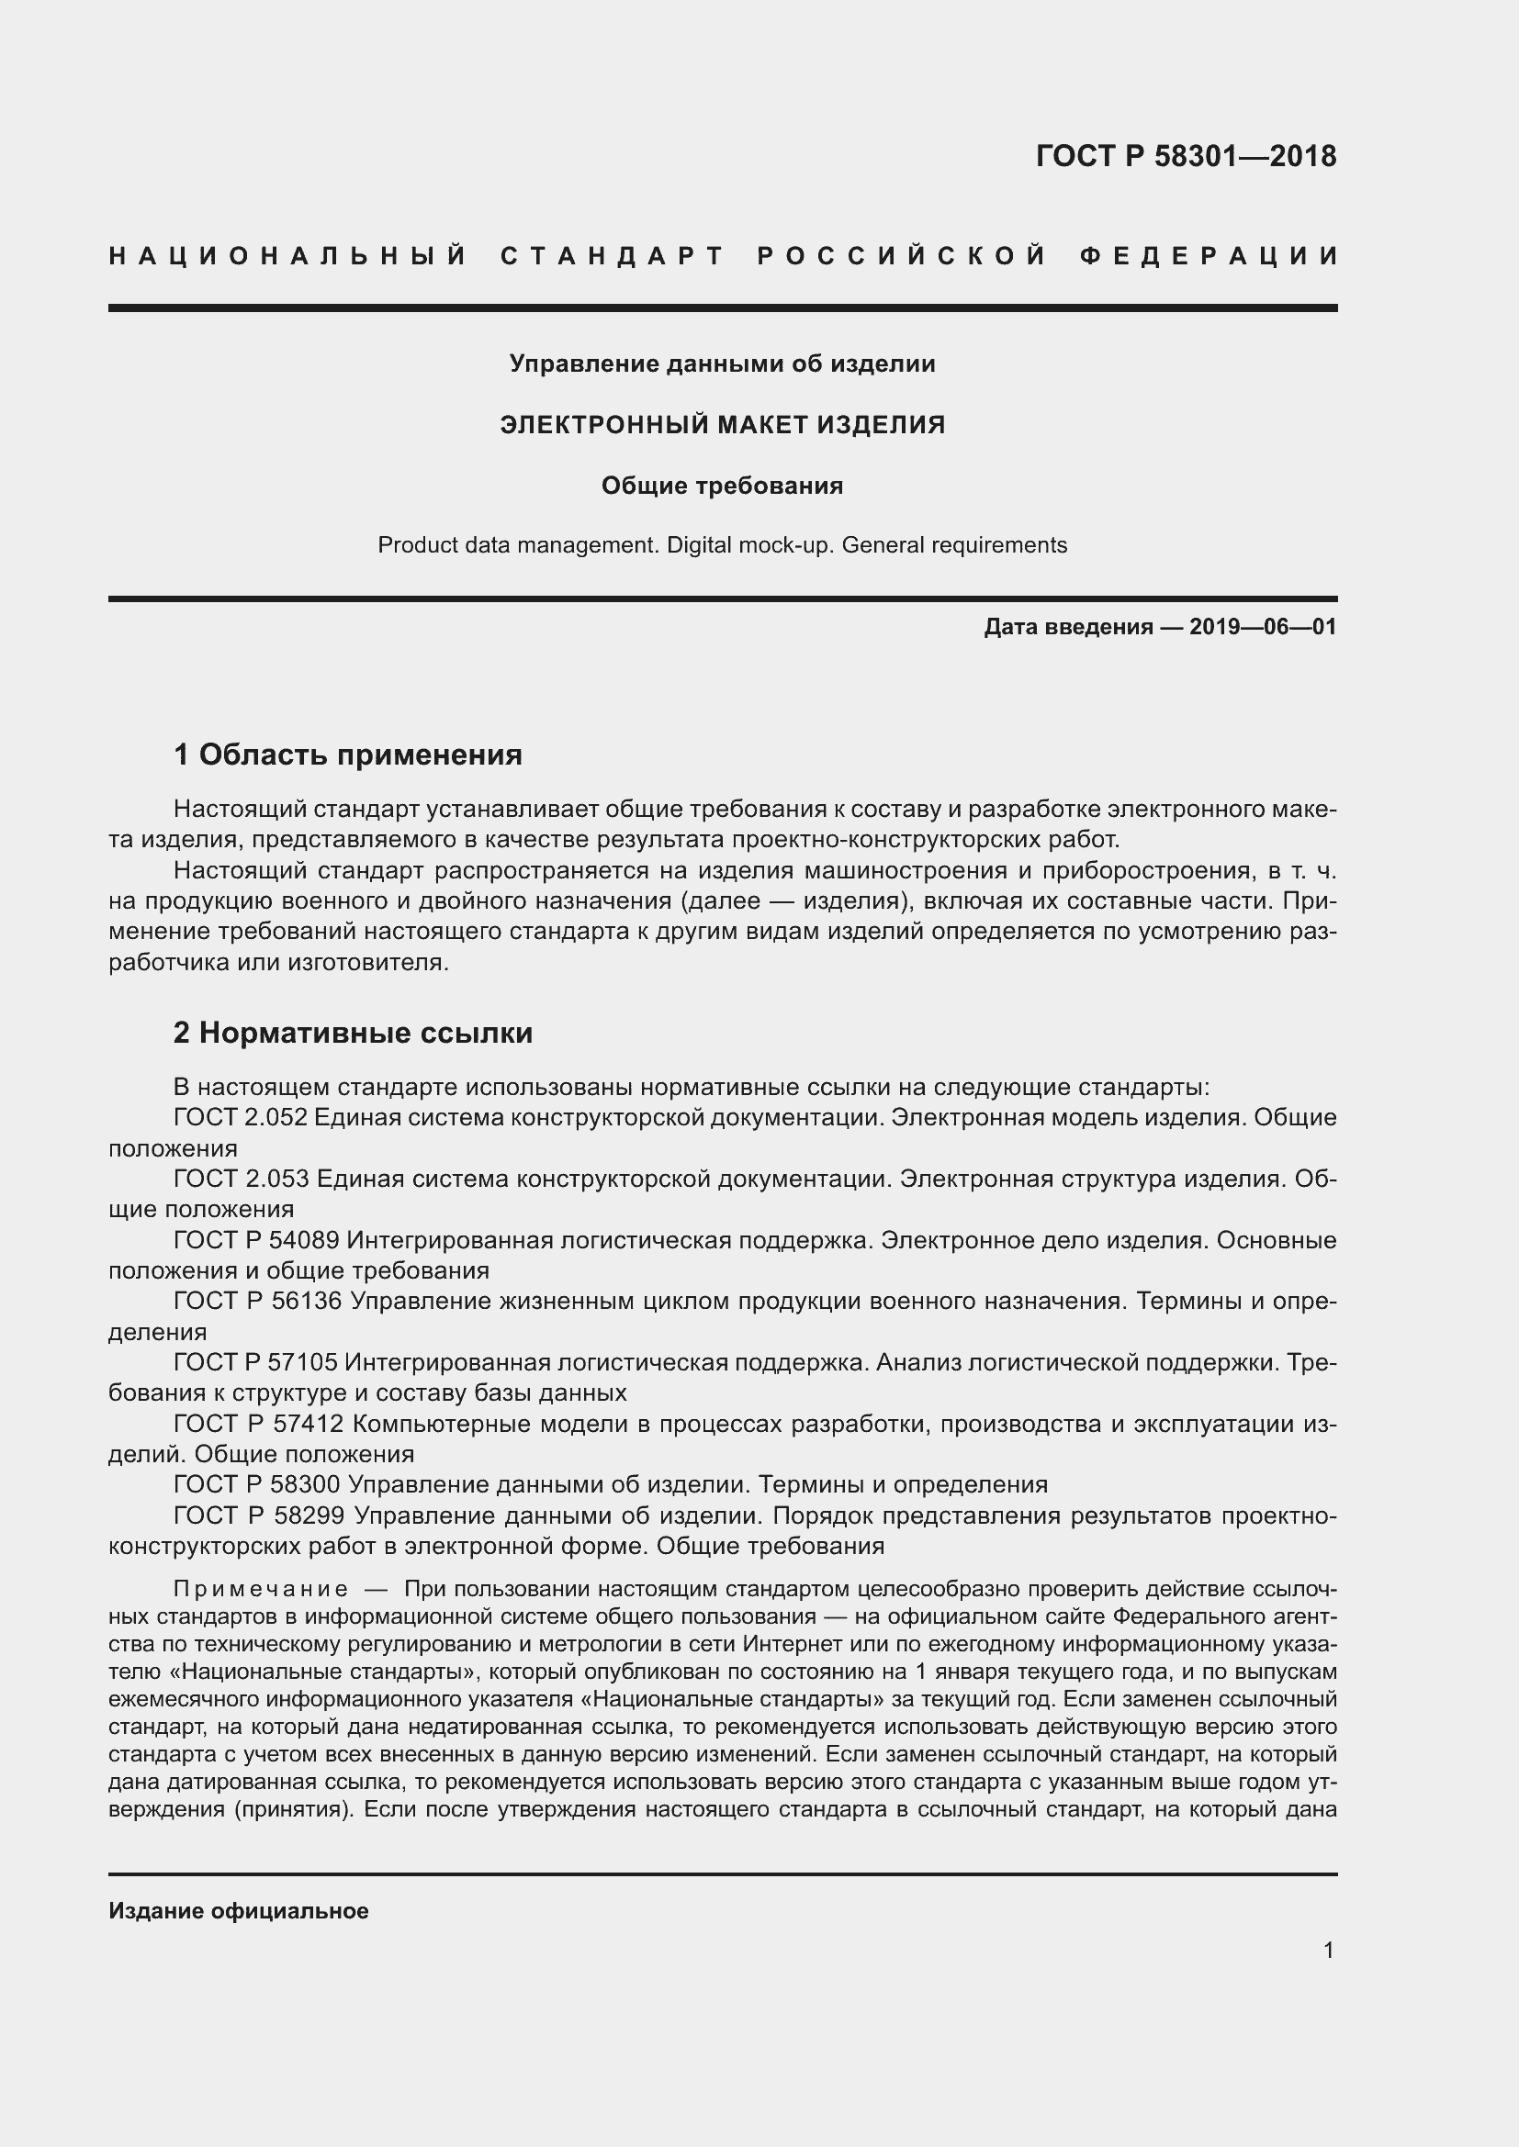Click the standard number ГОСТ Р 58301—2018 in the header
1185,156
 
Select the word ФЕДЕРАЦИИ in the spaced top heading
1210,256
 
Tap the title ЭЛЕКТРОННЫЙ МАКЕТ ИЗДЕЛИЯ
722,425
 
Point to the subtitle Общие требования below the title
722,486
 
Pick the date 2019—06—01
1263,628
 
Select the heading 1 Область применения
348,754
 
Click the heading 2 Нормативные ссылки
353,1033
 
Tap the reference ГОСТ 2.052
241,1117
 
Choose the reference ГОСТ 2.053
241,1179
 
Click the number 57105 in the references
303,1362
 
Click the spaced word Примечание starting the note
261,1590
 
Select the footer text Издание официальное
239,1911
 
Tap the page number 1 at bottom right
1328,1951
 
